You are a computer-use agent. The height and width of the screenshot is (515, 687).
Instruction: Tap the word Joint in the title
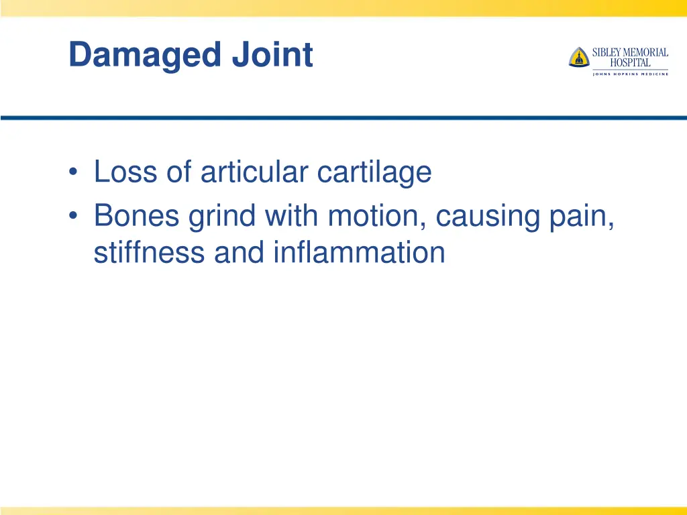[x=272, y=55]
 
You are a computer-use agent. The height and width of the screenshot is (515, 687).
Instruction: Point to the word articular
[x=254, y=172]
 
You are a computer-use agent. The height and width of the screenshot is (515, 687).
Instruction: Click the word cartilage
[x=374, y=173]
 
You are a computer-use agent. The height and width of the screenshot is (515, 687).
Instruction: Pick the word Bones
[x=136, y=216]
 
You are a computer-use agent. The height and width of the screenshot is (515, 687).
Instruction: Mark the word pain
[x=586, y=217]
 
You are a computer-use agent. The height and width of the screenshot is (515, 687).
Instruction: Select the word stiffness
[x=150, y=252]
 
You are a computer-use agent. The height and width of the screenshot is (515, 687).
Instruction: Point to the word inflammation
[x=358, y=252]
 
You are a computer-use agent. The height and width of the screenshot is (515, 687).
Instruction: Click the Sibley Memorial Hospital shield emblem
[x=578, y=57]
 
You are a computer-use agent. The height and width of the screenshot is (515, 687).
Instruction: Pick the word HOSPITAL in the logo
[x=630, y=62]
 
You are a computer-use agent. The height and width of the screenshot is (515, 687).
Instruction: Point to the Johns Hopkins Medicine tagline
[x=630, y=74]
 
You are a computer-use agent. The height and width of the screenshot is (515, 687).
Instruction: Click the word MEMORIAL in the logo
[x=647, y=52]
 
